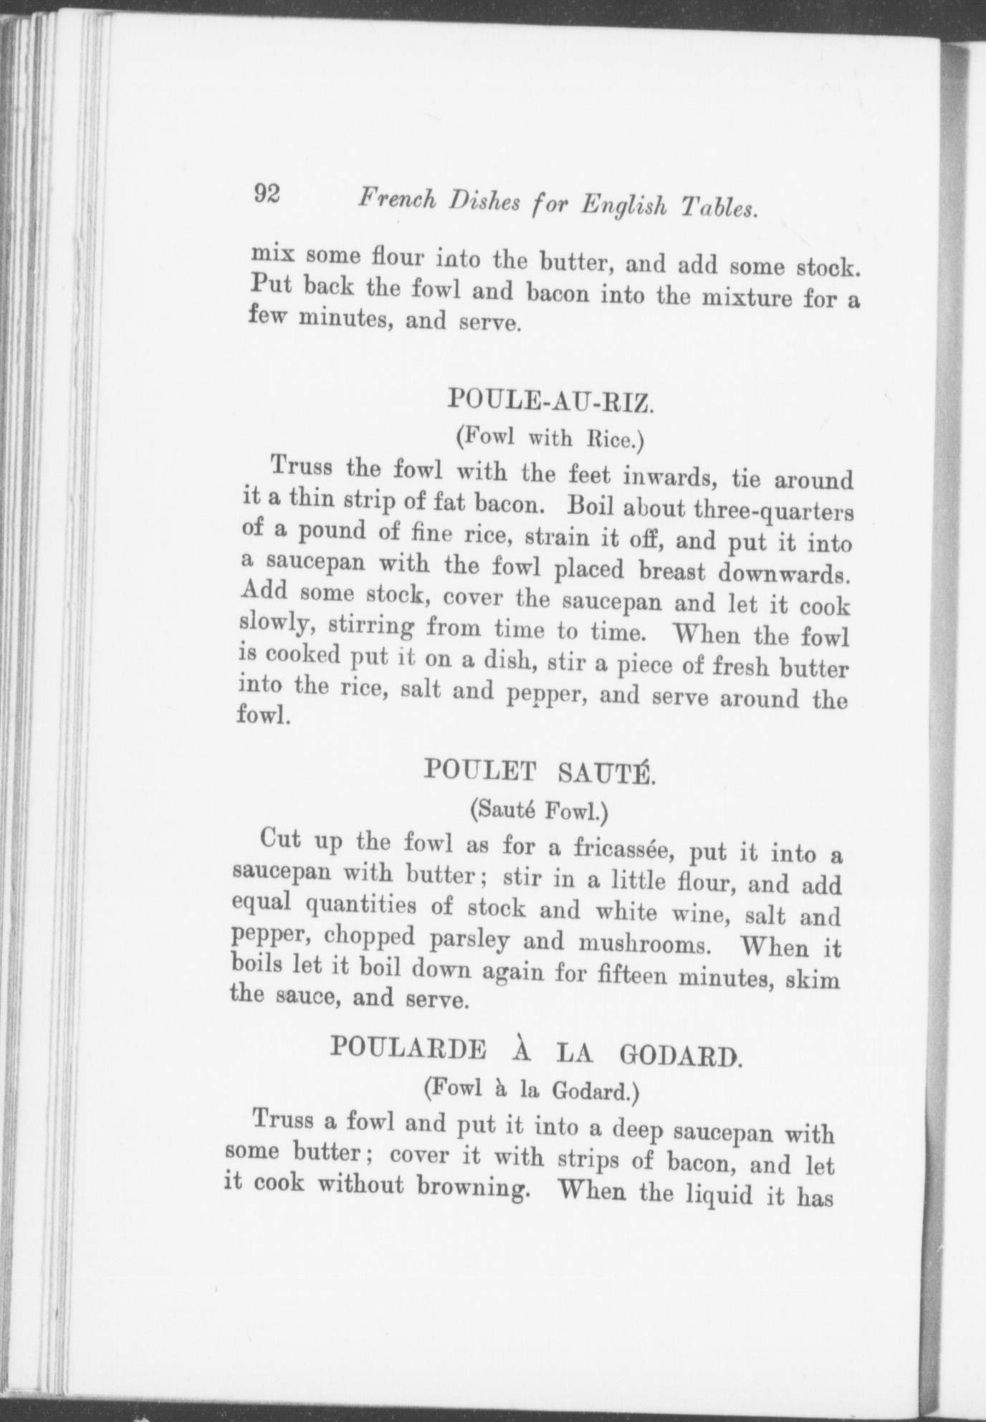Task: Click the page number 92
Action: (267, 194)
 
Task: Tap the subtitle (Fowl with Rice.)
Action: (550, 438)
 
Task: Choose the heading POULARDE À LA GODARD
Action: (533, 1051)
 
